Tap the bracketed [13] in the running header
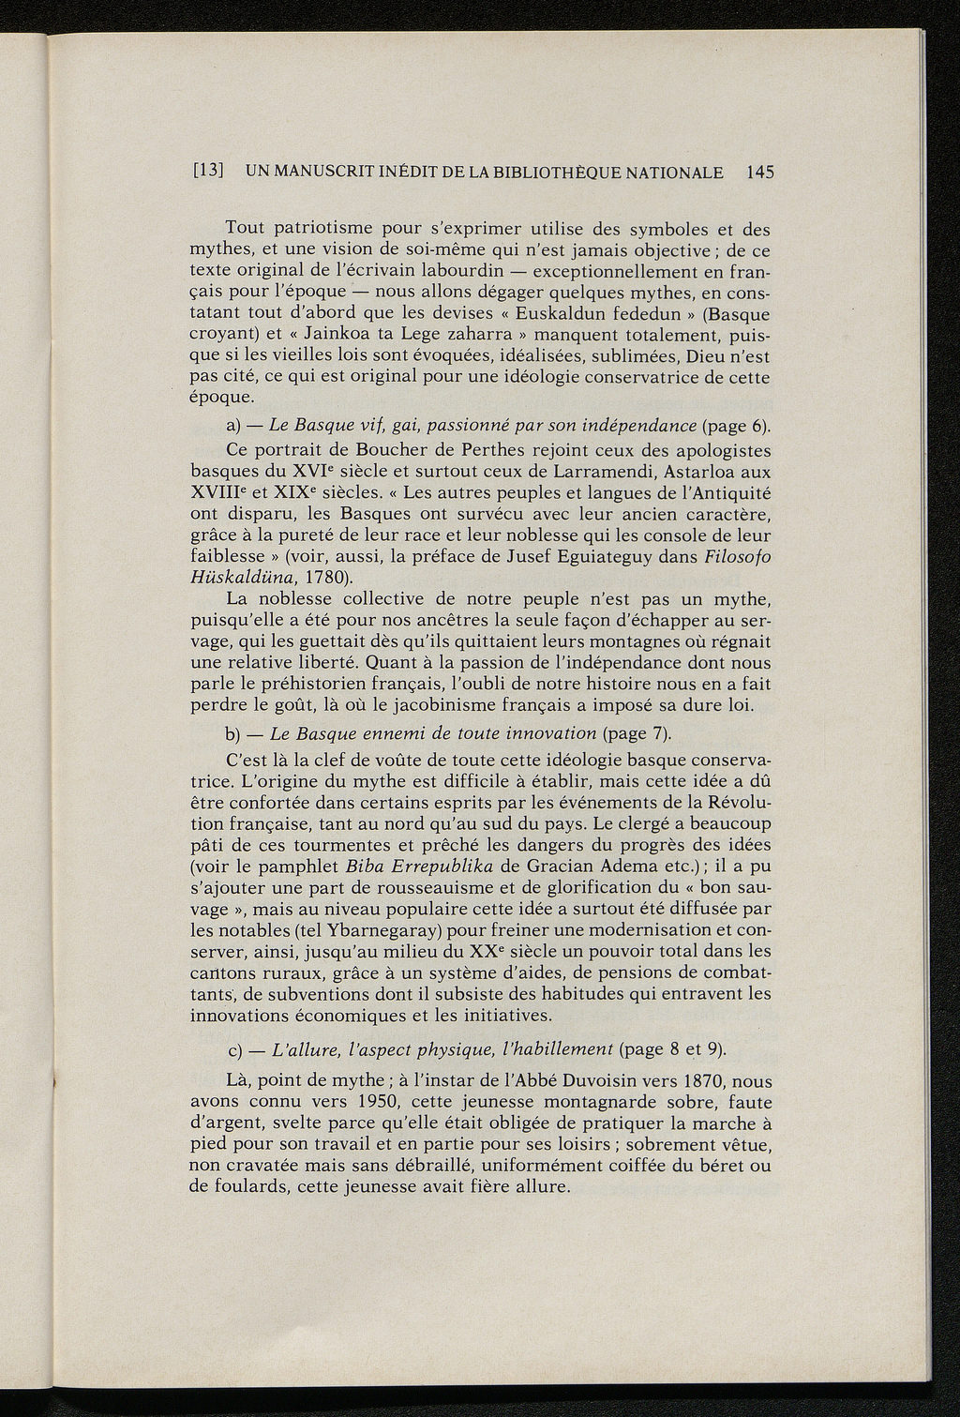pos(207,173)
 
